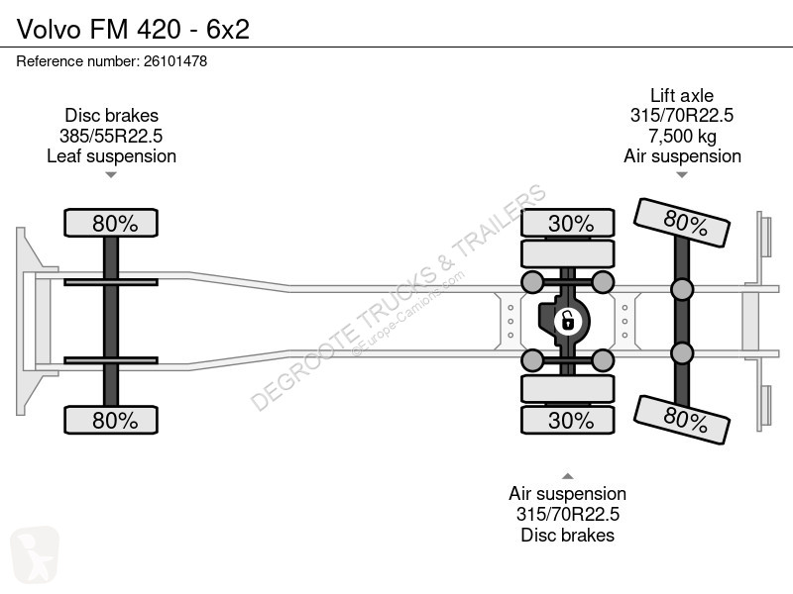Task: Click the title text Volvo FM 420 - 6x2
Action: tap(133, 29)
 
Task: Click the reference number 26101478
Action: tap(175, 61)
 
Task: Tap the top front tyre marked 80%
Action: tap(111, 223)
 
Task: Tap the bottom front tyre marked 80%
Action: tap(111, 420)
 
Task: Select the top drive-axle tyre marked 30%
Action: tap(567, 223)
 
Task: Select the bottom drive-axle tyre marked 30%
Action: tap(567, 420)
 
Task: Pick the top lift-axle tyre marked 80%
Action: tap(682, 223)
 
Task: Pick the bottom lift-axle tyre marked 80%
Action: tap(682, 420)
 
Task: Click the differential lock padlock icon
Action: tap(567, 321)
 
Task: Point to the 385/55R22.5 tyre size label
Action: tap(111, 136)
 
